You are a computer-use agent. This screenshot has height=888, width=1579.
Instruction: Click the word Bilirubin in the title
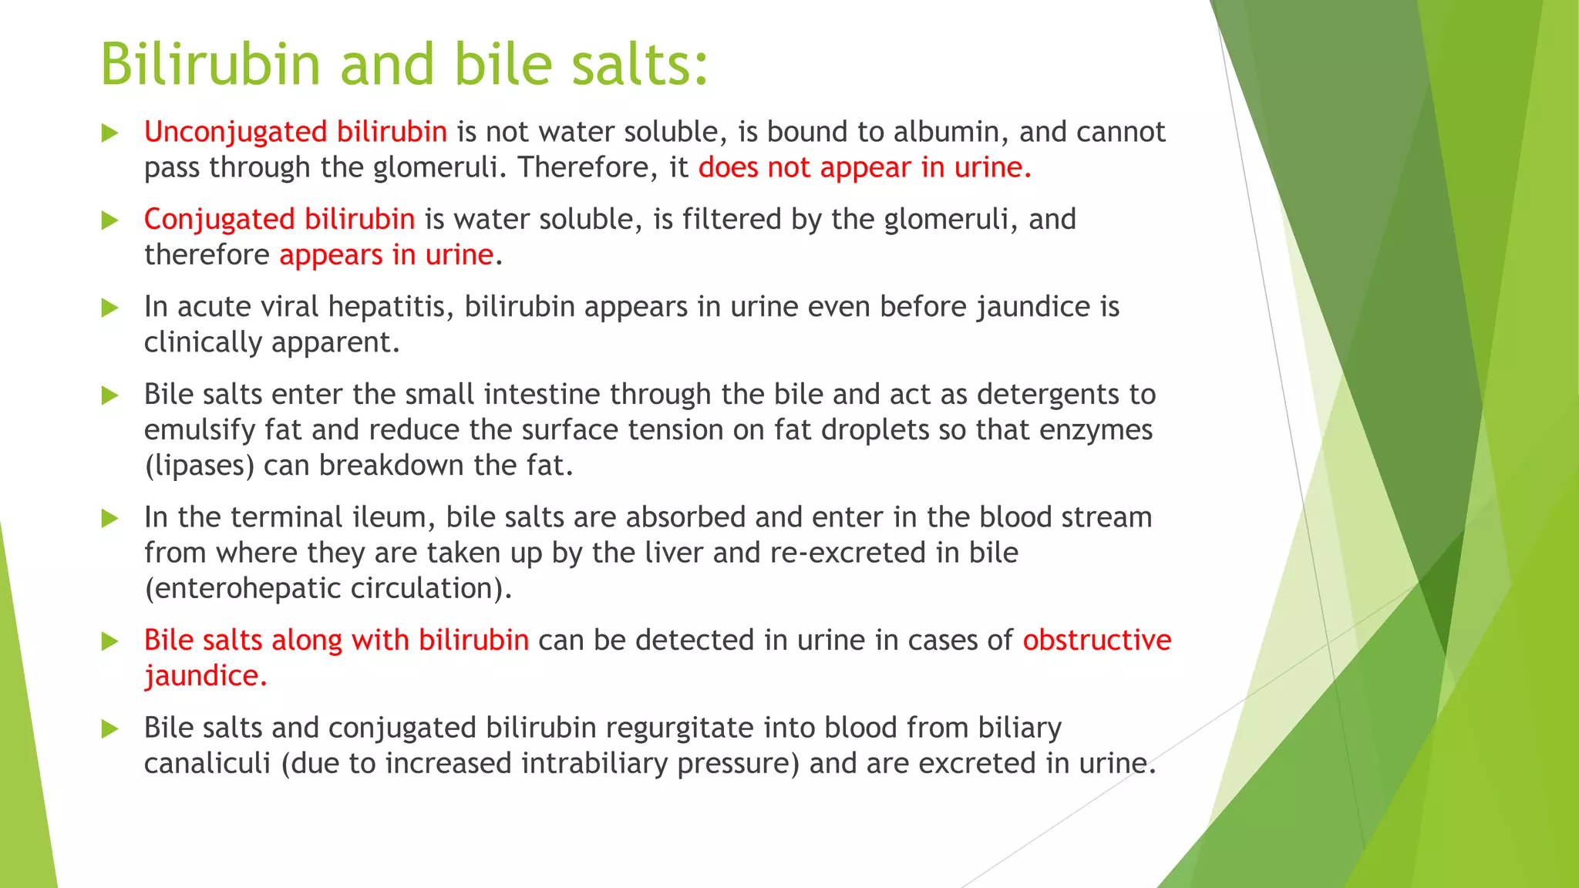click(210, 64)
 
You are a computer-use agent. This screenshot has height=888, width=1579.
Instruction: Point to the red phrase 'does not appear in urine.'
click(864, 167)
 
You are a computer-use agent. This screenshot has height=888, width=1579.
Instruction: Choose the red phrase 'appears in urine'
click(385, 255)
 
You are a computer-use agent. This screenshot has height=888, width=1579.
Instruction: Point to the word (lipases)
click(199, 466)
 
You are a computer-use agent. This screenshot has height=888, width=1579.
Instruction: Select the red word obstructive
click(1096, 641)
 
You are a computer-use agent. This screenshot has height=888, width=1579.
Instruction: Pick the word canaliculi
click(207, 764)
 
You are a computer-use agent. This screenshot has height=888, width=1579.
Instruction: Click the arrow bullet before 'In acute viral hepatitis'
click(110, 308)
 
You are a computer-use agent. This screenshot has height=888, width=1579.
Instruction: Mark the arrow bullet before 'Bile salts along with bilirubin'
click(110, 641)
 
